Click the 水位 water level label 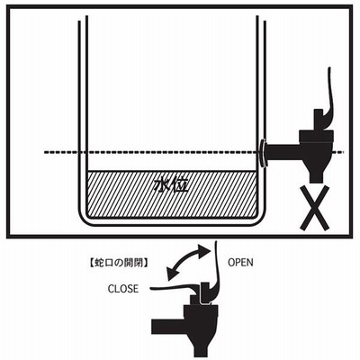click(171, 186)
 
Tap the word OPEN click(240, 263)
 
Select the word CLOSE click(123, 289)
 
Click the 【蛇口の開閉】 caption click(119, 263)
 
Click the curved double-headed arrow click(186, 262)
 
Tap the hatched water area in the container click(172, 194)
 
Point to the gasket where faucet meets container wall click(262, 153)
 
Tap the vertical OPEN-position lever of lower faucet click(217, 270)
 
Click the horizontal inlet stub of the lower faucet click(168, 326)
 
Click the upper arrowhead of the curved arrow click(204, 248)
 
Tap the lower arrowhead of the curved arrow click(172, 274)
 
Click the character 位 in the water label click(180, 186)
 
